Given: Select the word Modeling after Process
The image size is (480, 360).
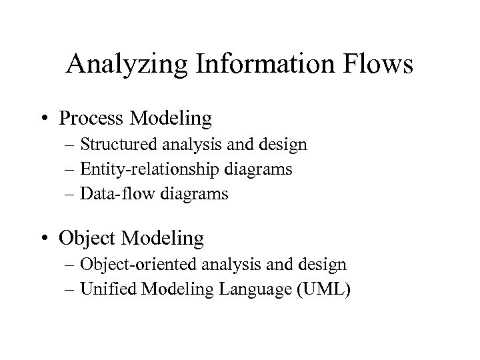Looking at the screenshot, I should pyautogui.click(x=181, y=119).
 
